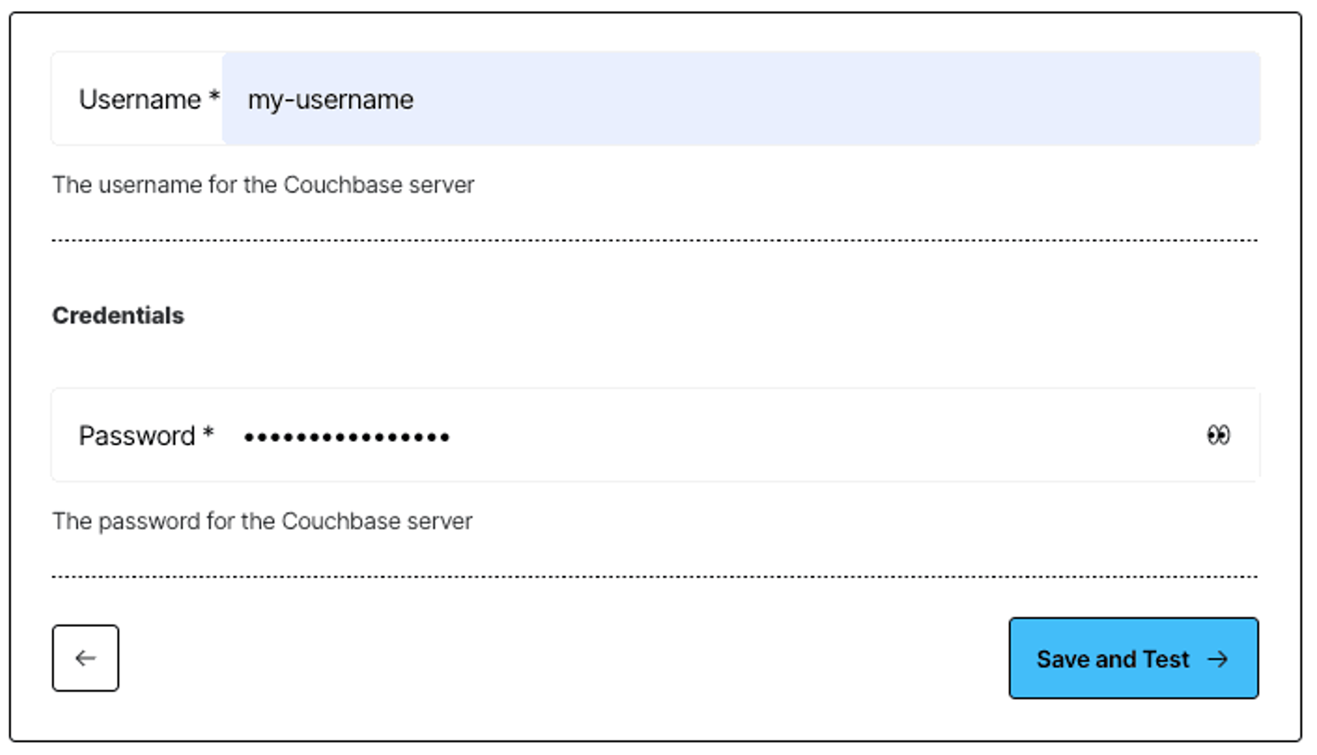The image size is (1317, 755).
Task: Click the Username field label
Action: point(140,100)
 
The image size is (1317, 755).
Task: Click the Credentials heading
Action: point(118,316)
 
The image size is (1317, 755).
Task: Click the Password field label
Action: point(136,436)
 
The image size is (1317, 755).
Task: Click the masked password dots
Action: point(347,438)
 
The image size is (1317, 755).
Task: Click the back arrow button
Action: point(86,658)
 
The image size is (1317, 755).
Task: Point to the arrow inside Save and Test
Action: point(1217,659)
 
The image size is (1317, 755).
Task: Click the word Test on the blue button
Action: point(1166,659)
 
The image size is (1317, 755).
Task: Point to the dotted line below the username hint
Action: point(655,241)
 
